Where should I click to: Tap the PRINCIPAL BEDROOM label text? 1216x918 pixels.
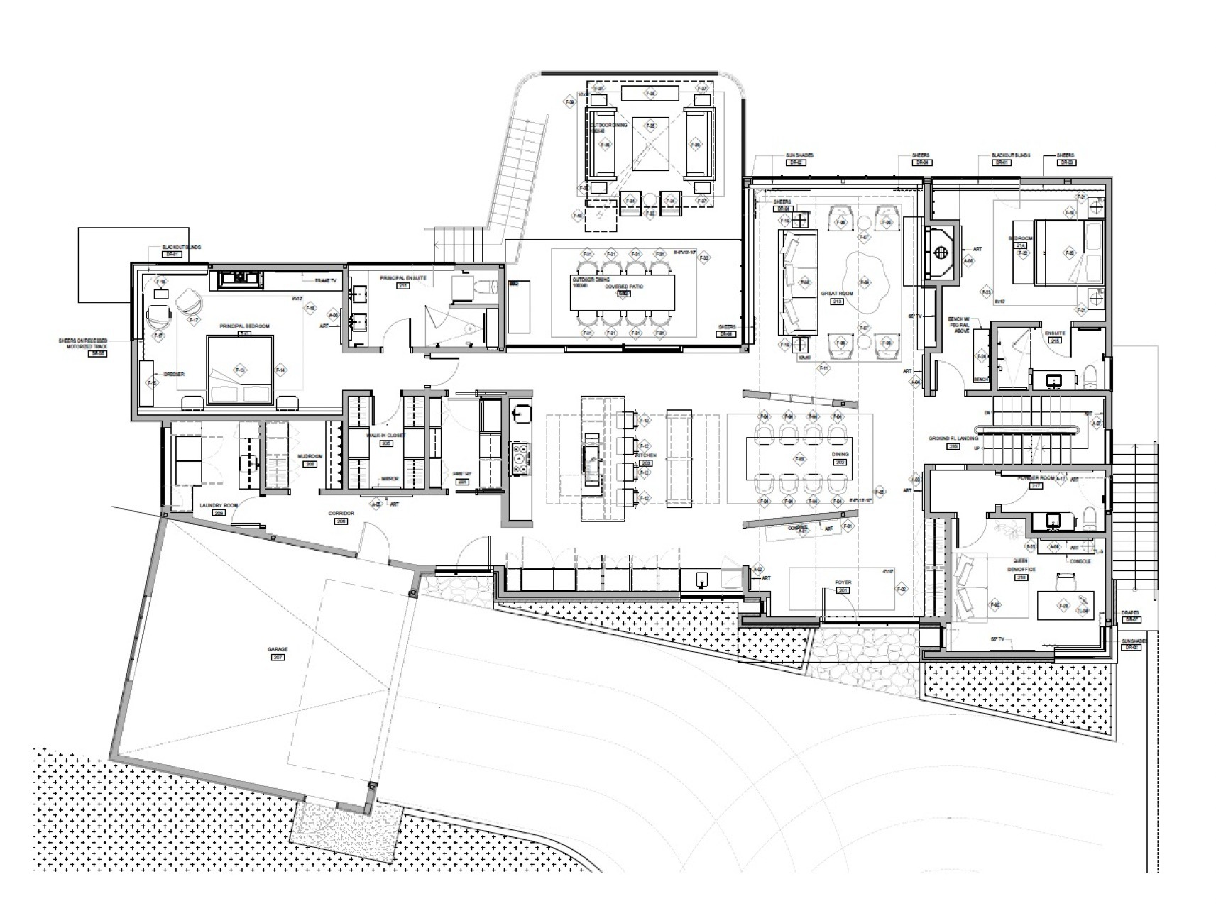[x=245, y=326]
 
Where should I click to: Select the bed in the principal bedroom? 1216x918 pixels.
[x=240, y=370]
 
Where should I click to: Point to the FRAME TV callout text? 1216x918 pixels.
[x=326, y=282]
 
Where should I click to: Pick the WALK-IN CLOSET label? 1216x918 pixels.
[x=385, y=436]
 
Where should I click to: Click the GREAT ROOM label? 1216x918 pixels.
[x=837, y=293]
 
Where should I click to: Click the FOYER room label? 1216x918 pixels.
[x=843, y=582]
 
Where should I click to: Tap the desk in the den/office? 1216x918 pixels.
[x=1063, y=607]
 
